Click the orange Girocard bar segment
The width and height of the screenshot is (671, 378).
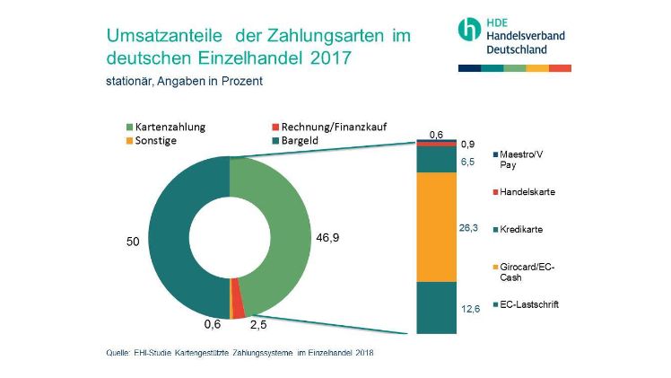[x=437, y=225]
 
